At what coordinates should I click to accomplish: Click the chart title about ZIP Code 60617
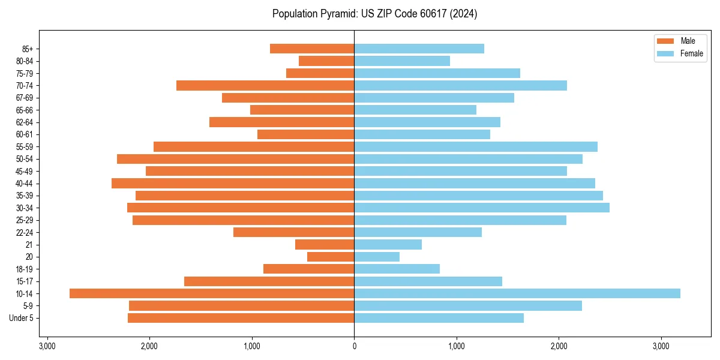[374, 14]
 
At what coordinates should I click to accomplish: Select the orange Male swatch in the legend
[665, 41]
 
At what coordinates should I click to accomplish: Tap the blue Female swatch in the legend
[665, 53]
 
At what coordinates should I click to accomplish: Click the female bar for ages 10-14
[517, 293]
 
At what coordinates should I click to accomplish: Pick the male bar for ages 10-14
[212, 293]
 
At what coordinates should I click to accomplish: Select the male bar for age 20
[331, 257]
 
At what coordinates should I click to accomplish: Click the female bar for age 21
[388, 244]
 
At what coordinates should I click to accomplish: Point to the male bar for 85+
[312, 49]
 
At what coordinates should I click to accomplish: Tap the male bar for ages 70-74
[265, 85]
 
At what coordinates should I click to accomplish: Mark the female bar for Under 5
[439, 318]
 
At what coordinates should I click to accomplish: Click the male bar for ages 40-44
[233, 183]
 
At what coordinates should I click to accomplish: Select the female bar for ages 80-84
[402, 61]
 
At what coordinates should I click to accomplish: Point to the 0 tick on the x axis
[354, 346]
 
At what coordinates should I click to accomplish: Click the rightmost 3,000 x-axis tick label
[661, 346]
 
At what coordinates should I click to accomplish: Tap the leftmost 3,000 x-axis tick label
[47, 346]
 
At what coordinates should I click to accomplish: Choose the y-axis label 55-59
[24, 146]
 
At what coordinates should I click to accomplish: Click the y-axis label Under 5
[21, 318]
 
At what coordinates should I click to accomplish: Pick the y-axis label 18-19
[24, 269]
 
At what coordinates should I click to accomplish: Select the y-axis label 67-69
[24, 98]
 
